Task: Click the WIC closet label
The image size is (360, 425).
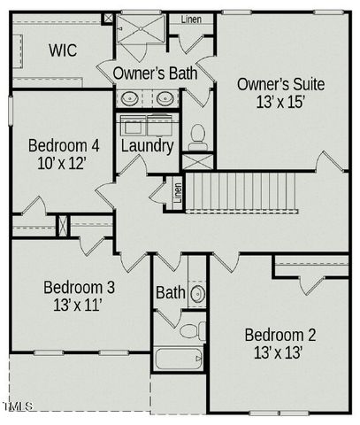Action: click(x=62, y=50)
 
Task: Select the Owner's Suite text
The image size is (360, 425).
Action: click(x=281, y=85)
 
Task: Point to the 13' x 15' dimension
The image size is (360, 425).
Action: click(x=281, y=102)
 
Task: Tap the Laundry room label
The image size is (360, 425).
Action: click(x=147, y=145)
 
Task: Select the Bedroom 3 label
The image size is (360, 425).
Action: click(x=79, y=288)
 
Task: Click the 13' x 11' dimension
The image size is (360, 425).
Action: click(x=79, y=305)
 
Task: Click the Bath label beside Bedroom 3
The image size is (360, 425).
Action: click(x=170, y=292)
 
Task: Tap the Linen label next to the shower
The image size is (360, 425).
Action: click(x=190, y=19)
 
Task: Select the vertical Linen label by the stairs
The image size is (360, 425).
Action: click(x=178, y=192)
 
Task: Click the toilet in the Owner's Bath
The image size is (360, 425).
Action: click(x=197, y=136)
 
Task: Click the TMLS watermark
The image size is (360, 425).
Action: click(x=18, y=406)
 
